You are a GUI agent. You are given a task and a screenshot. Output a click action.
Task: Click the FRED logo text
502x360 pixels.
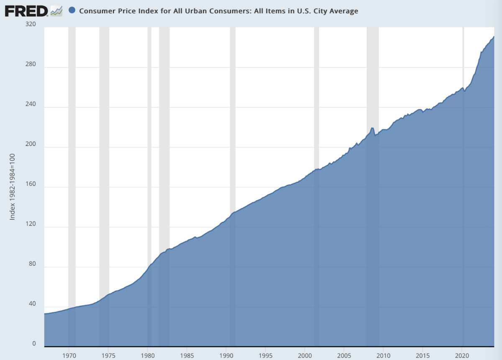tap(26, 11)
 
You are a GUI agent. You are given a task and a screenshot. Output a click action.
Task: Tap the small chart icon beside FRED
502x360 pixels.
tap(56, 11)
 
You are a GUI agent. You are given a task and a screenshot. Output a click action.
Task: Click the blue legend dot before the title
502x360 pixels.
tap(72, 10)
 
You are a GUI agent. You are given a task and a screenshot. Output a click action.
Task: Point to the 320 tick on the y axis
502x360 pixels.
tap(31, 24)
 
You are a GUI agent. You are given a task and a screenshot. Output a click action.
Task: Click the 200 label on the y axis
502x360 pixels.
tap(31, 144)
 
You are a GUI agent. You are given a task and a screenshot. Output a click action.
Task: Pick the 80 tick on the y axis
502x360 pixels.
tap(32, 264)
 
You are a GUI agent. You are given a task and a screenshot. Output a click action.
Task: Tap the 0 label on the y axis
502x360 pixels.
tap(34, 343)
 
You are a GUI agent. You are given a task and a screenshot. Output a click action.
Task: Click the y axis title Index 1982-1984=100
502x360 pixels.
tap(12, 187)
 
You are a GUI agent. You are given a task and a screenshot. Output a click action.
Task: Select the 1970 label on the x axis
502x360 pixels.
tap(69, 355)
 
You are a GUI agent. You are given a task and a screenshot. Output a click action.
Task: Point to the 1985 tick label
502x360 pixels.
tap(187, 355)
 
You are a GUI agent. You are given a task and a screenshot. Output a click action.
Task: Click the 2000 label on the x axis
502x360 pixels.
tap(305, 355)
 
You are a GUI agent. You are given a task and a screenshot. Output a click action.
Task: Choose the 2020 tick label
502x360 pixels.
tap(462, 355)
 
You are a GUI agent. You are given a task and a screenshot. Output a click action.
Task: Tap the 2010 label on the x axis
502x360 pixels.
tap(383, 355)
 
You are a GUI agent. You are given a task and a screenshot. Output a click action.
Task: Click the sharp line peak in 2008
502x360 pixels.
tap(372, 128)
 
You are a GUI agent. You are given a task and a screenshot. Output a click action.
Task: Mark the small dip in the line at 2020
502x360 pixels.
tap(465, 91)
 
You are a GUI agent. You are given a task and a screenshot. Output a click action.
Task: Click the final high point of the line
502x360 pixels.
tap(494, 36)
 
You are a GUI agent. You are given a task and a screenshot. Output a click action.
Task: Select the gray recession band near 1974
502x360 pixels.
tap(104, 187)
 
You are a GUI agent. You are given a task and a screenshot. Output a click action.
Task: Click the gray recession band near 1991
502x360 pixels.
tap(233, 187)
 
